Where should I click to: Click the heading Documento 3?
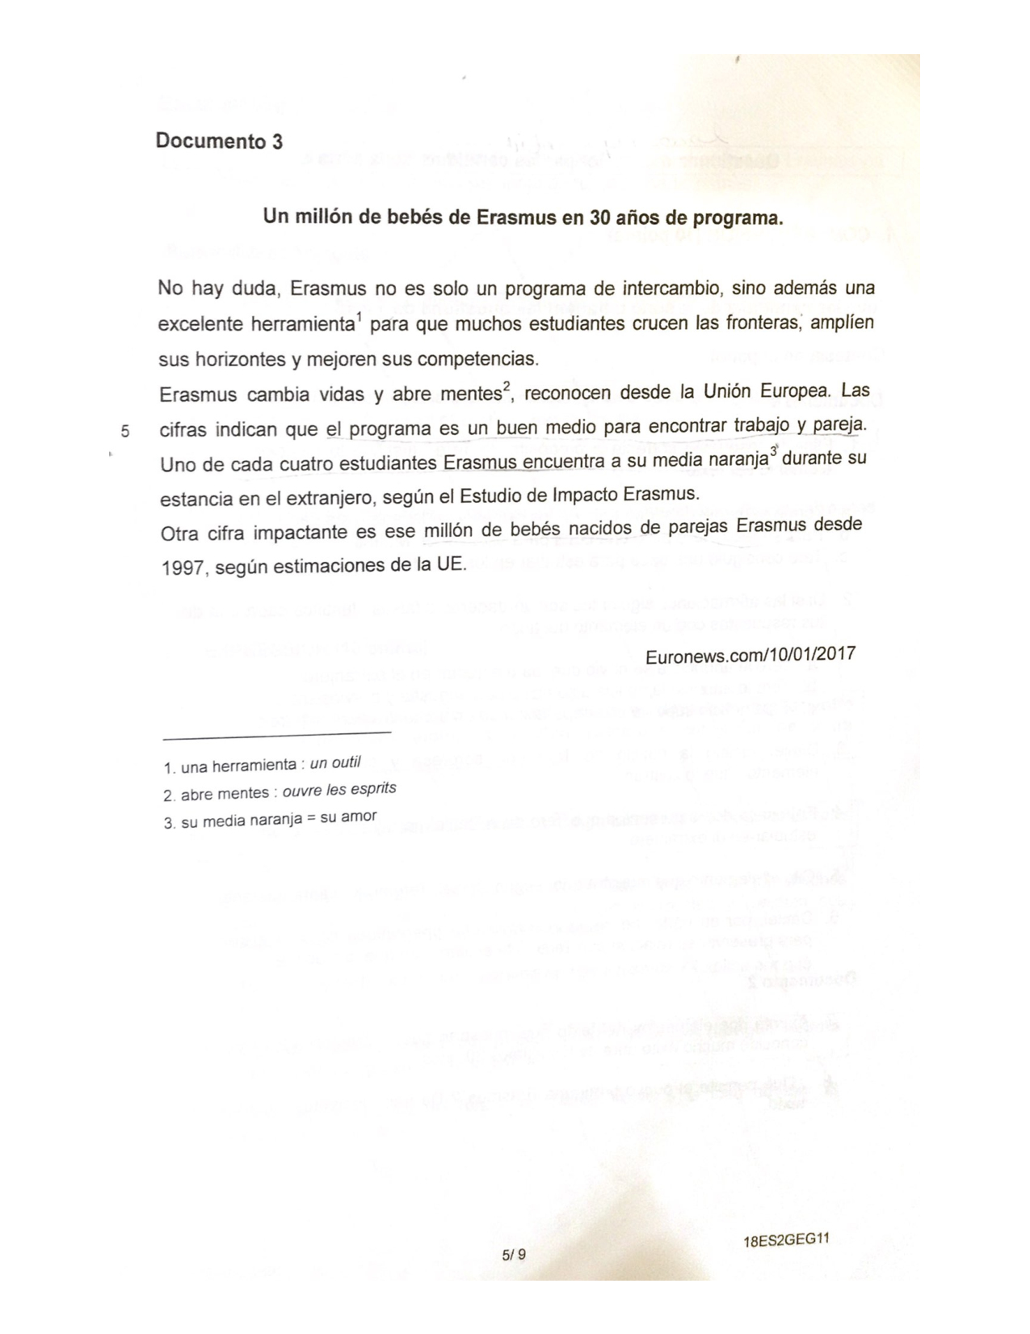(x=219, y=141)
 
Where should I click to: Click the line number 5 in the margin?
(x=124, y=430)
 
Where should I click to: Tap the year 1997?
(x=181, y=568)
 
